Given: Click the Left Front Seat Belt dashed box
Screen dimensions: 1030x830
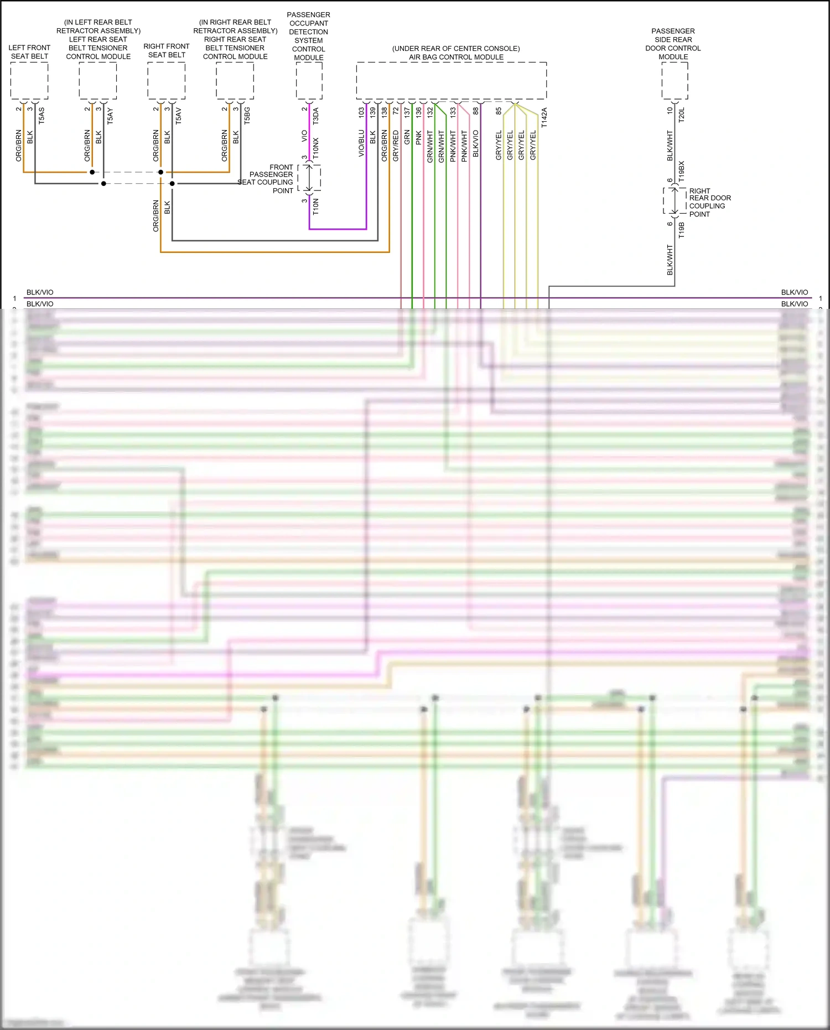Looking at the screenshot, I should [29, 81].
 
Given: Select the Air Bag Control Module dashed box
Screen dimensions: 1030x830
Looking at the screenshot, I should [451, 81].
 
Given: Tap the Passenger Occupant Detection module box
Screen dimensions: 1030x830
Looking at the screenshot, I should [309, 81].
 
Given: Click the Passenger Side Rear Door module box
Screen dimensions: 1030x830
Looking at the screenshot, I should [675, 81].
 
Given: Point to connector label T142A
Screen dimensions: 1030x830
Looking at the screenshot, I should [544, 118].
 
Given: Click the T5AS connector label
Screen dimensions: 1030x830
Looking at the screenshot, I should [42, 116].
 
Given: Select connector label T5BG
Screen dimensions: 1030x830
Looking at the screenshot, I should [247, 116].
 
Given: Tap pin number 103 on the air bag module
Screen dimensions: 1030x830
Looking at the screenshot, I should [362, 112].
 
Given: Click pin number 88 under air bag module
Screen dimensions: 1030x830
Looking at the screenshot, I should [476, 111].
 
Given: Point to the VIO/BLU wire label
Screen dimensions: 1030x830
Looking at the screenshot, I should [362, 143].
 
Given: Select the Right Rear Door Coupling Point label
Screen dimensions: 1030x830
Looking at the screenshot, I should [709, 202].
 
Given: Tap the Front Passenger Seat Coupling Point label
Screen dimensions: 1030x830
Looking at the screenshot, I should [271, 179].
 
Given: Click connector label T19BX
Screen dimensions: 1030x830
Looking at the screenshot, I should [682, 172].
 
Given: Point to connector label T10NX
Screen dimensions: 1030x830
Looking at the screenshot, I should [316, 148].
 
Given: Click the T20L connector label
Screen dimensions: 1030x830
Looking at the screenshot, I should [682, 115].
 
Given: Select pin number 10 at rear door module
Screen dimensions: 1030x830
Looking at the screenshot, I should [670, 110].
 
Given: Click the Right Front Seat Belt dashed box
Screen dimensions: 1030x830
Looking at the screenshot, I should [166, 81].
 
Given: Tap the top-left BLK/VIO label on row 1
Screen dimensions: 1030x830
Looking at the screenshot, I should [40, 292].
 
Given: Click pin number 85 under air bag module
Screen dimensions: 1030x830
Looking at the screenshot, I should [499, 111].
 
